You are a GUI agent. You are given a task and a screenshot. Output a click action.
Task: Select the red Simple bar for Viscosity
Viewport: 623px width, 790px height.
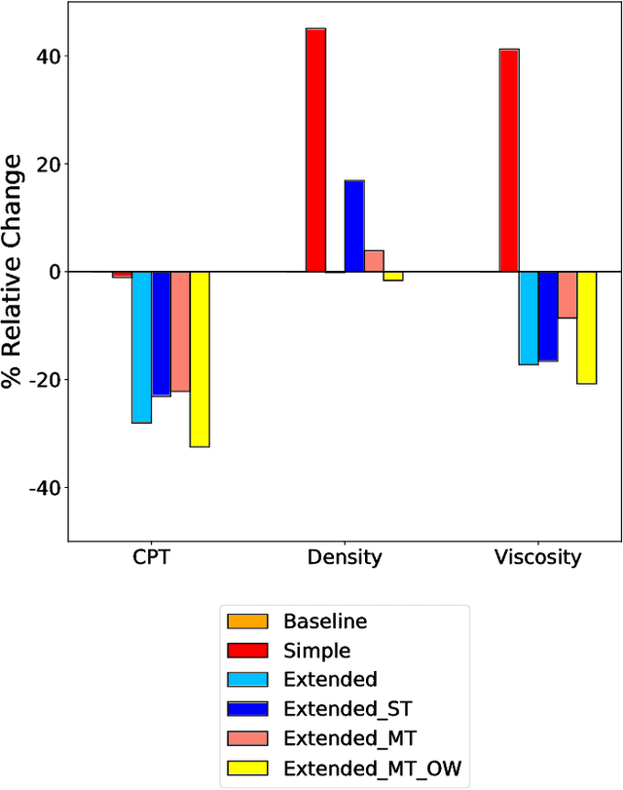coord(508,160)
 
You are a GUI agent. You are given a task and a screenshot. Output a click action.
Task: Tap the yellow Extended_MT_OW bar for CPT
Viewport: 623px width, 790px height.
coord(200,358)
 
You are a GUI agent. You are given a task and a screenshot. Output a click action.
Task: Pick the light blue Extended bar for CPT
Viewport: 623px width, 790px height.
coord(141,347)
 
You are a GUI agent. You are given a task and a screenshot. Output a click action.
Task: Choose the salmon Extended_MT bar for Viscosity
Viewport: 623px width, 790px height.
coord(567,294)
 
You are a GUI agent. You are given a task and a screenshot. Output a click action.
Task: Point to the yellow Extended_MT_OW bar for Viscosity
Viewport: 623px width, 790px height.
coord(586,327)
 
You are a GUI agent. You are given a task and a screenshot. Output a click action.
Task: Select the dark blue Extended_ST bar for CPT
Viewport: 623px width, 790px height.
coord(161,333)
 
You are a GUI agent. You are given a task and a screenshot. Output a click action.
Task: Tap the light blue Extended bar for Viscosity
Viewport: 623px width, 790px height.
coord(528,318)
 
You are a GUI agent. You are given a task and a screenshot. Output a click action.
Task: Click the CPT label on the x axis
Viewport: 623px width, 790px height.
coord(151,558)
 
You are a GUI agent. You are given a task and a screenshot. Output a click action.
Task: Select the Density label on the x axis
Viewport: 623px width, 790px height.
coord(345,558)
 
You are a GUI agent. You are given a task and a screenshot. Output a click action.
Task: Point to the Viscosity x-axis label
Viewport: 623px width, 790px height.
coord(537,558)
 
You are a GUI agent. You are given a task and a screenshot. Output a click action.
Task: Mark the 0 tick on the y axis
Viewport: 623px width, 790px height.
coord(53,272)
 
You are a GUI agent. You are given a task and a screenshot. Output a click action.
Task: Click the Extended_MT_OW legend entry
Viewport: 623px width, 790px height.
coord(371,772)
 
